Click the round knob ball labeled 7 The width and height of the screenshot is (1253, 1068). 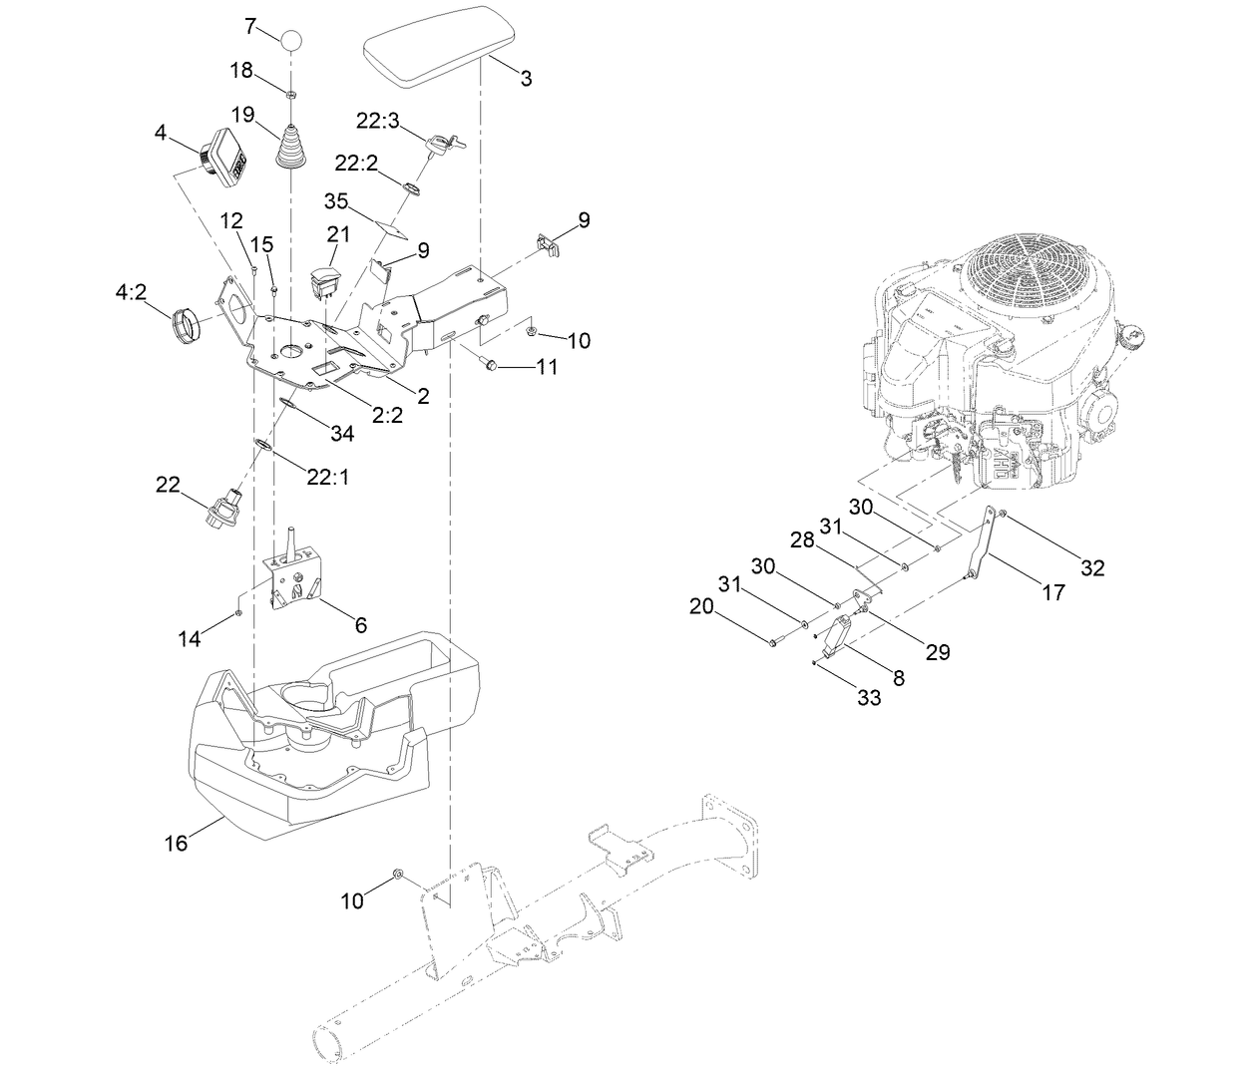290,40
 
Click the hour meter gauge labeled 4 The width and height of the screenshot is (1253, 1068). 224,156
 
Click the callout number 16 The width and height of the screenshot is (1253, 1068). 176,844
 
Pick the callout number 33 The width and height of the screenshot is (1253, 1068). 869,698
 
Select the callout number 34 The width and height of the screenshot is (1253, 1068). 342,433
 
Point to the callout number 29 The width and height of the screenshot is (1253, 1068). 937,652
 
